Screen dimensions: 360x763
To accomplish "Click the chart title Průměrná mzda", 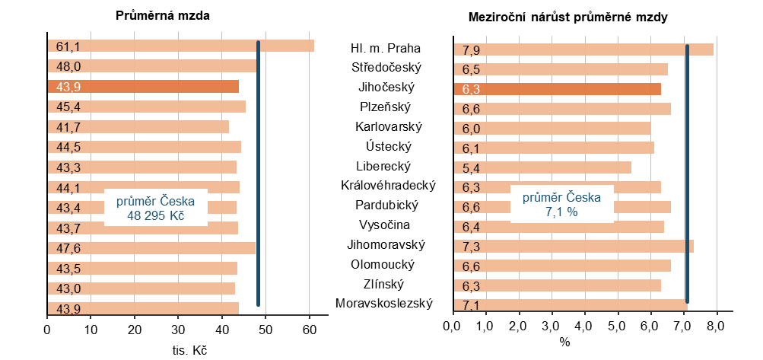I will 163,15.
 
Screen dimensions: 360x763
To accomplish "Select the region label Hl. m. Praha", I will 386,49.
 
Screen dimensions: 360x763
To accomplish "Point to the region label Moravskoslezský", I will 384,304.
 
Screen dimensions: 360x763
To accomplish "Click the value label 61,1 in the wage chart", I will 68,46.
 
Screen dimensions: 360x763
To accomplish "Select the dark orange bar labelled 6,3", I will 571,89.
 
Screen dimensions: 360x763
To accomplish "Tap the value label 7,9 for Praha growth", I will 470,50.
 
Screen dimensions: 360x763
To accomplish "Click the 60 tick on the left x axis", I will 309,329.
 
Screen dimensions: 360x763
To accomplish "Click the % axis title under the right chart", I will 564,343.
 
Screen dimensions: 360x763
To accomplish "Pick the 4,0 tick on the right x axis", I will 584,328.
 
